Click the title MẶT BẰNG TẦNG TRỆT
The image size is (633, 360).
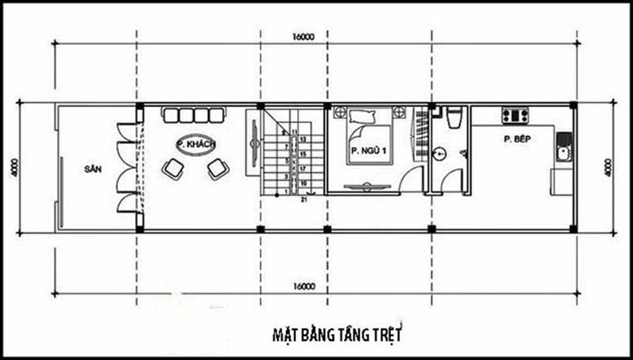[x=336, y=333]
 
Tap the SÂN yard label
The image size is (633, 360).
[x=93, y=169]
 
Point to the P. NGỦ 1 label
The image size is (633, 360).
[x=365, y=150]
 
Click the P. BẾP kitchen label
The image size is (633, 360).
[x=516, y=139]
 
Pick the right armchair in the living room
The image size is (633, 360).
[x=217, y=167]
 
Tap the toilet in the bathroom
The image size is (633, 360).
[x=454, y=117]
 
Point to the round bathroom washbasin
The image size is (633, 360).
[x=439, y=153]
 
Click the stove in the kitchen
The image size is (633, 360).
[x=515, y=115]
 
